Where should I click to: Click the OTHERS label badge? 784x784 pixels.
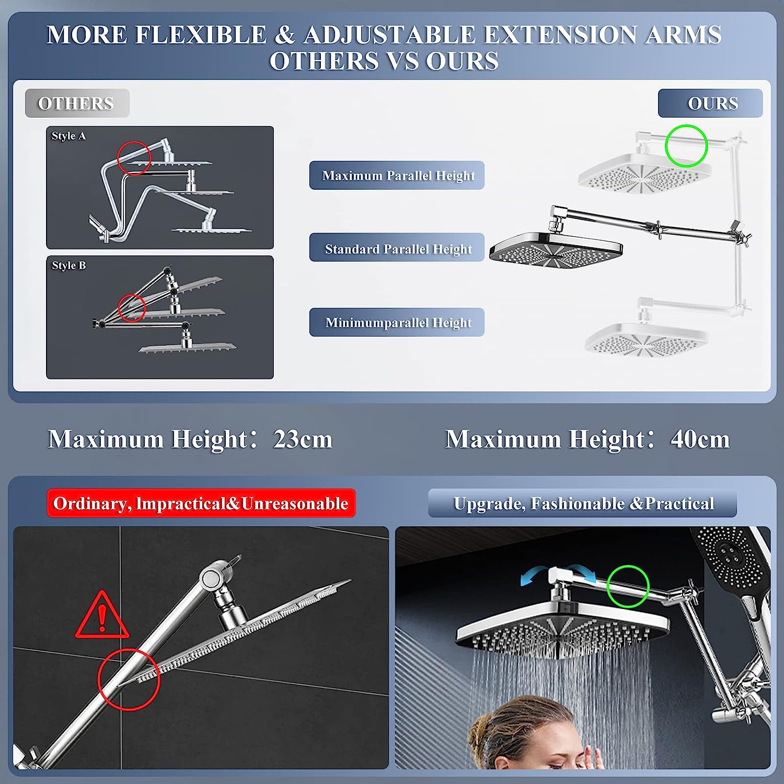[x=77, y=103]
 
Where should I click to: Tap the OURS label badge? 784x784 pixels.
[x=710, y=103]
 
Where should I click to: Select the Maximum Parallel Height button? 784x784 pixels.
[x=397, y=176]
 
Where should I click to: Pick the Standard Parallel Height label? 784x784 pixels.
[x=397, y=248]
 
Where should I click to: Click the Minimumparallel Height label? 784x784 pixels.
[x=397, y=322]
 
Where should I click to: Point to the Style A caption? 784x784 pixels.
[x=68, y=136]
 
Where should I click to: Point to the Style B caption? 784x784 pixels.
[x=68, y=266]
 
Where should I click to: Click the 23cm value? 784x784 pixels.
[x=303, y=439]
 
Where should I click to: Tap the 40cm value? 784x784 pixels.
[x=700, y=439]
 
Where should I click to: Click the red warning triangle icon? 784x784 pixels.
[x=102, y=617]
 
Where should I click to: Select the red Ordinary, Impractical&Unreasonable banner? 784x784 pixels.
[x=201, y=503]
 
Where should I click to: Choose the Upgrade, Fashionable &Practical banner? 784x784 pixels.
[x=583, y=503]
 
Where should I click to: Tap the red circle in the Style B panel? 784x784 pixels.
[x=131, y=308]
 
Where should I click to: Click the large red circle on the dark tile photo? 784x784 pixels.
[x=129, y=679]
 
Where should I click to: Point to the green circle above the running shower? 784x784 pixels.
[x=628, y=586]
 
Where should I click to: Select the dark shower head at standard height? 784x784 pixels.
[x=556, y=248]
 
